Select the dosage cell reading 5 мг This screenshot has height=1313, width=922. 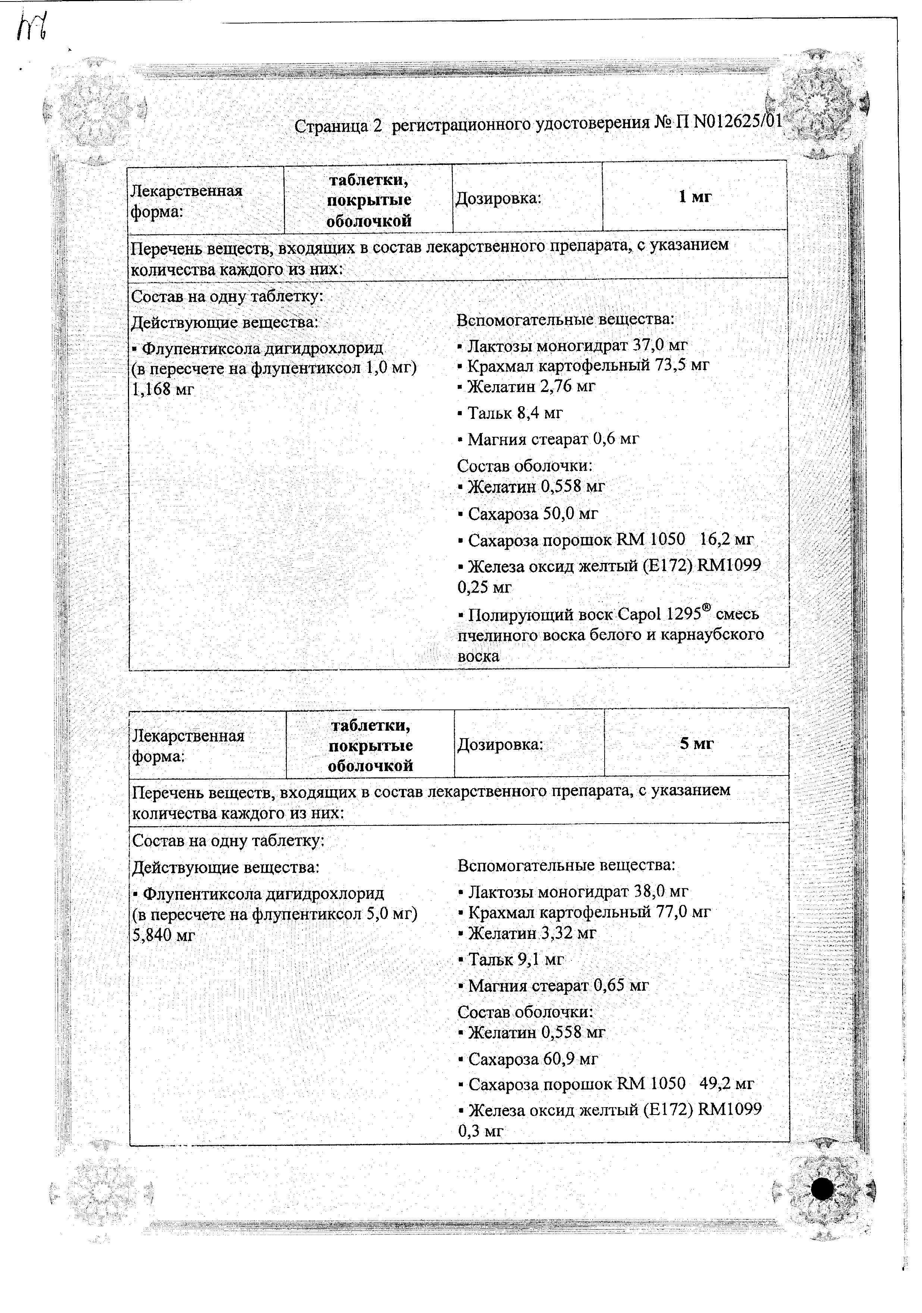(697, 743)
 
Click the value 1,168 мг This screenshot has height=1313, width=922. (163, 390)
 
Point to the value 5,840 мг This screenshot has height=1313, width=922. (164, 936)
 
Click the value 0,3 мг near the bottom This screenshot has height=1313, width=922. (480, 1131)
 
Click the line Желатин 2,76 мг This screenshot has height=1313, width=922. (531, 386)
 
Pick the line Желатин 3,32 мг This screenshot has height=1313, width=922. (532, 933)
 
